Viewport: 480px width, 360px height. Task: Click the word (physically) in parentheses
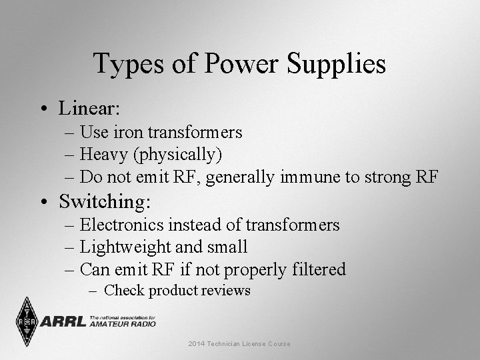[x=177, y=155]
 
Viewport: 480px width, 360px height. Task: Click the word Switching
[x=105, y=201]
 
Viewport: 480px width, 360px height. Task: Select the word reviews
[x=228, y=290]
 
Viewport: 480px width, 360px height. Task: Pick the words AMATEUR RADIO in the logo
[x=123, y=324]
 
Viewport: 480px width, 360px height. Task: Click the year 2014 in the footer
[x=198, y=343]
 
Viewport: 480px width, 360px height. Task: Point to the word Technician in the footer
[x=229, y=343]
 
